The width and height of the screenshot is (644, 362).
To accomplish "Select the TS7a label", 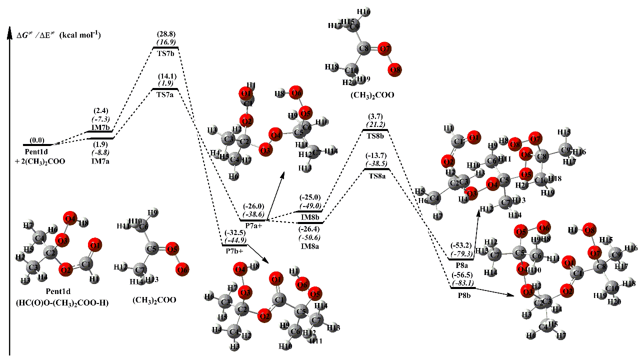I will [165, 94].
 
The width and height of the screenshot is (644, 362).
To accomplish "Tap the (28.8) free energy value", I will [165, 34].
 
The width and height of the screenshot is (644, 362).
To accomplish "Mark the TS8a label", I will [376, 176].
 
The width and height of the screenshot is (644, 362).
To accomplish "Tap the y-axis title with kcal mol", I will [59, 34].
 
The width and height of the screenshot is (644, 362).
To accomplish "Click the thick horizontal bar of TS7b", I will [165, 47].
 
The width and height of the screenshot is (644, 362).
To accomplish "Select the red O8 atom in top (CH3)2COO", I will [395, 70].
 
